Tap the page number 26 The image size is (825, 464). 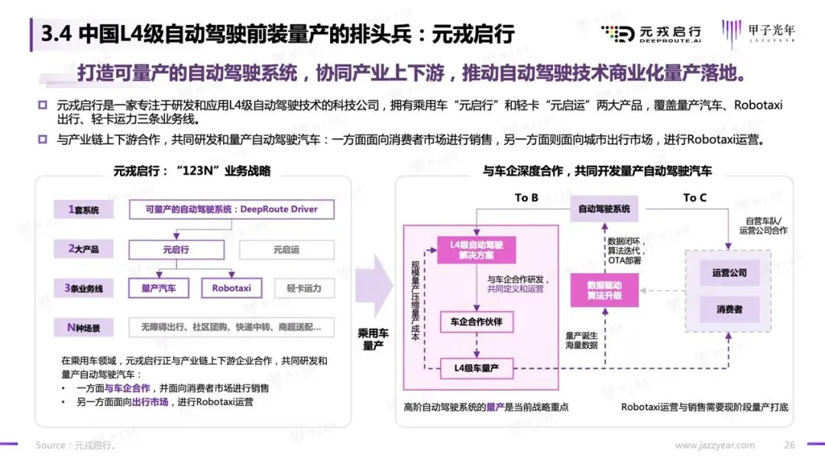790,445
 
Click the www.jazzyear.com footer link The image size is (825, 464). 715,445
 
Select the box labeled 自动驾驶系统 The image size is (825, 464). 604,209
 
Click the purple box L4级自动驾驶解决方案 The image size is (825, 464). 477,250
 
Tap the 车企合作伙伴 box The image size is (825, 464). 477,321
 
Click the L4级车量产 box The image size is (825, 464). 477,369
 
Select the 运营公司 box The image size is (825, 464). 729,272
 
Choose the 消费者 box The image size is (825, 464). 729,309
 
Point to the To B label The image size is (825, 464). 526,198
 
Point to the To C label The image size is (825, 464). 694,198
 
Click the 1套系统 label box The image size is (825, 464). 82,209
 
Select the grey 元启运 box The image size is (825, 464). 286,250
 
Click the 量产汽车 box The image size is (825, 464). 159,288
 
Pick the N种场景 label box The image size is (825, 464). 82,328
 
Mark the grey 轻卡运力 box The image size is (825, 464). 304,288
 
